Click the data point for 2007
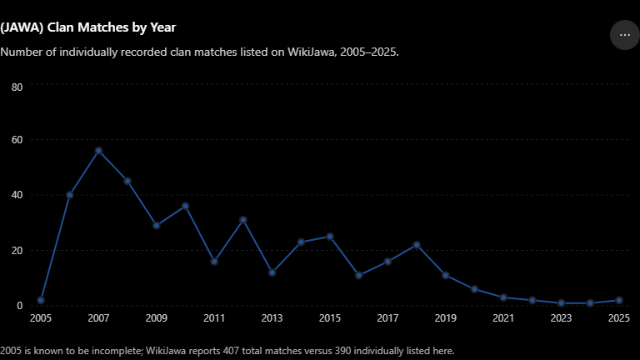pyautogui.click(x=98, y=151)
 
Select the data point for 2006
pyautogui.click(x=69, y=195)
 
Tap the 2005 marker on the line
pyautogui.click(x=41, y=300)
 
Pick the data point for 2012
pyautogui.click(x=243, y=220)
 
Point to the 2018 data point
pyautogui.click(x=417, y=245)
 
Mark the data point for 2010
pyautogui.click(x=185, y=206)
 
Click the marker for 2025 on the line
pyautogui.click(x=619, y=300)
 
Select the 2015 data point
pyautogui.click(x=330, y=237)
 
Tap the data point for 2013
pyautogui.click(x=272, y=272)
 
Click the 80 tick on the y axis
pyautogui.click(x=17, y=87)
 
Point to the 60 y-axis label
pyautogui.click(x=17, y=140)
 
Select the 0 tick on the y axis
pyautogui.click(x=20, y=306)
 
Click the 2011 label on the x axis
pyautogui.click(x=214, y=318)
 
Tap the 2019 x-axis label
pyautogui.click(x=445, y=318)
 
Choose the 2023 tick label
pyautogui.click(x=561, y=318)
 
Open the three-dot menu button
pyautogui.click(x=625, y=35)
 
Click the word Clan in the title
pyautogui.click(x=61, y=27)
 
